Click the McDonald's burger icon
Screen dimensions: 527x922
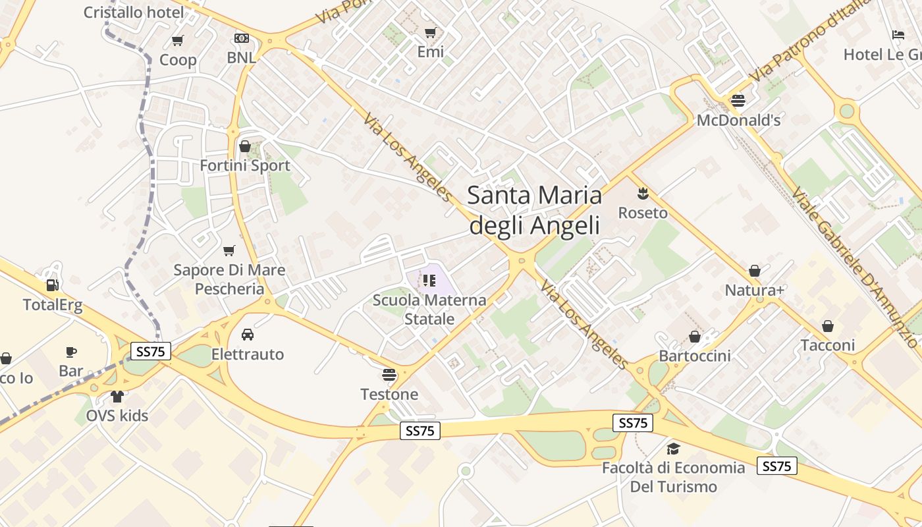pos(738,101)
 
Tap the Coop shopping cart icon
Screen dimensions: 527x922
pos(177,41)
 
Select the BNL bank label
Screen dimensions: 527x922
pos(241,57)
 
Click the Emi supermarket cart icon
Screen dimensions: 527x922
pos(430,32)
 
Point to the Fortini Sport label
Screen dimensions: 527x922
pos(245,165)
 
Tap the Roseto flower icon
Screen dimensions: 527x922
pos(643,193)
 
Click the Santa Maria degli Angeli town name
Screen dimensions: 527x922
pos(534,210)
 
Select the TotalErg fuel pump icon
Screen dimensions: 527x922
pos(52,285)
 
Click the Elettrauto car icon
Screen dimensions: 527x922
pos(248,335)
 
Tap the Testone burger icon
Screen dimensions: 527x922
pos(389,375)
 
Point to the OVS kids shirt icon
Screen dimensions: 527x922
pos(117,397)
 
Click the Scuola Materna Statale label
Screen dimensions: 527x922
pos(429,310)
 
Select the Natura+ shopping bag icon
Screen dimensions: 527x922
pos(755,271)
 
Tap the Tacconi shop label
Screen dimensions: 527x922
pos(828,345)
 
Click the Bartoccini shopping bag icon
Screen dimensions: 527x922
pos(695,337)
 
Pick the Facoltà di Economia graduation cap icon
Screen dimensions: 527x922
pos(673,449)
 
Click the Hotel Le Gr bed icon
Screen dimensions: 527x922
pos(898,35)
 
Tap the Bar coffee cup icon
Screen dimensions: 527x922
pos(71,352)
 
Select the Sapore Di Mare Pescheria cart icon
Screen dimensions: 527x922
pos(229,250)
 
